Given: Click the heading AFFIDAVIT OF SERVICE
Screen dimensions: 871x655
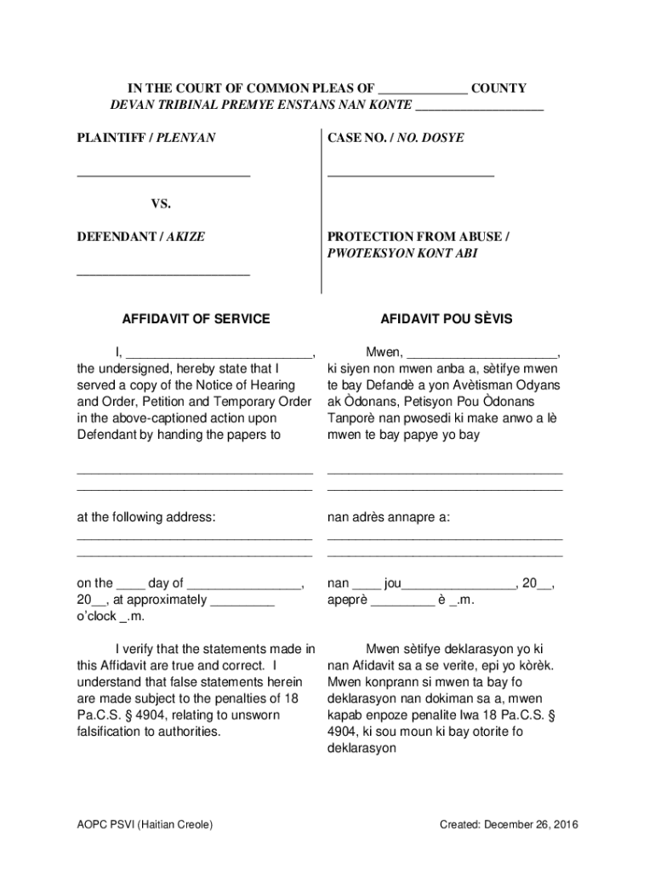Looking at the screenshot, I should coord(196,319).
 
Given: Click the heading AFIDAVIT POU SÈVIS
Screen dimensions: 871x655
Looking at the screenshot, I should coord(446,319).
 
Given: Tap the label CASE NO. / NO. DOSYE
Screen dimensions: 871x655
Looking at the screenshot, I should coord(396,137).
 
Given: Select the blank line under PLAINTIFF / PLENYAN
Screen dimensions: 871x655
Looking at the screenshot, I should coord(163,174).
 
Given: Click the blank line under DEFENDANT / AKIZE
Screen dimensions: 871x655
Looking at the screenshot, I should coord(163,275).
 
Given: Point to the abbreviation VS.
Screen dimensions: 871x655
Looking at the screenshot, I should coord(161,204).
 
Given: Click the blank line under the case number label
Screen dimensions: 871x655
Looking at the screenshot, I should coord(410,174).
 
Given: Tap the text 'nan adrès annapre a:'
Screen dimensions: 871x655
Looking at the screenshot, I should coord(389,517).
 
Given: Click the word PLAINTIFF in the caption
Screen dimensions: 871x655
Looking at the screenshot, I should coord(111,137).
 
